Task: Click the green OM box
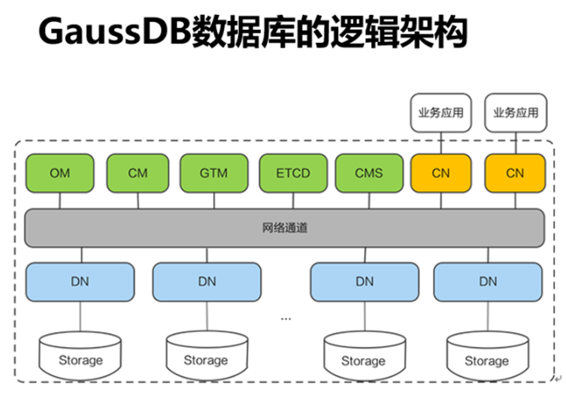59,173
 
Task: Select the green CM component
138,173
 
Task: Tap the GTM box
213,173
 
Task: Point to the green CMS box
368,173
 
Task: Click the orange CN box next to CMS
441,173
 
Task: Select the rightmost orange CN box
515,173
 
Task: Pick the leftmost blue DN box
80,282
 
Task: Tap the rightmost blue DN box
488,282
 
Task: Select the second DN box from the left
207,282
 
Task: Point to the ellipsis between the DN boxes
286,318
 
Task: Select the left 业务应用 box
441,113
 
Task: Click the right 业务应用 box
515,113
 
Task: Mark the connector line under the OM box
59,201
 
